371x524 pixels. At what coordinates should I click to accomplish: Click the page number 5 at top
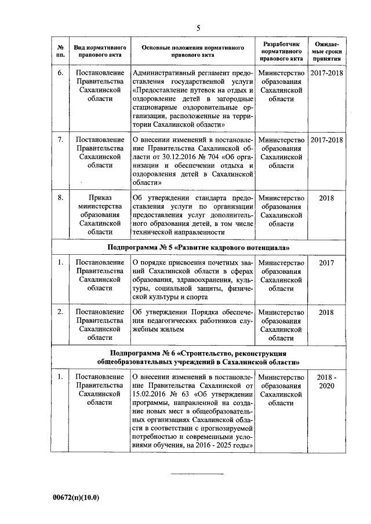pyautogui.click(x=198, y=27)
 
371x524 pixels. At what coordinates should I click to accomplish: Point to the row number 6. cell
pyautogui.click(x=60, y=74)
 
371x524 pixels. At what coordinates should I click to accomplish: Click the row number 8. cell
pyautogui.click(x=60, y=197)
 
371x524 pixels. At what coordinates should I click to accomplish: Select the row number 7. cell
pyautogui.click(x=60, y=140)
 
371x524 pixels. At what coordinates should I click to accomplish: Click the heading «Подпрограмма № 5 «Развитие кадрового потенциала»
pyautogui.click(x=199, y=247)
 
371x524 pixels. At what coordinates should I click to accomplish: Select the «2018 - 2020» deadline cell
pyautogui.click(x=326, y=382)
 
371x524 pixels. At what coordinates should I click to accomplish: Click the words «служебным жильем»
pyautogui.click(x=158, y=329)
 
